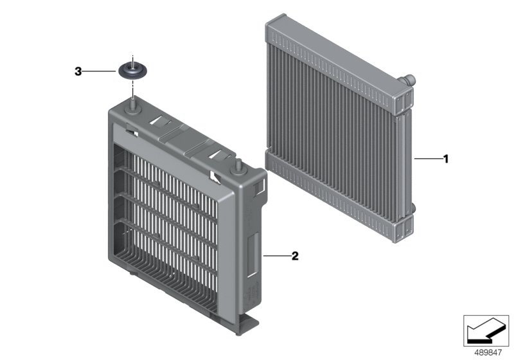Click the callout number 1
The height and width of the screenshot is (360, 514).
445,158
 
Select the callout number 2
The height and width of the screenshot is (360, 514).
296,255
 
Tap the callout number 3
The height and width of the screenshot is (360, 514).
78,72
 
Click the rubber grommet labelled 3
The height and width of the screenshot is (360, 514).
134,69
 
